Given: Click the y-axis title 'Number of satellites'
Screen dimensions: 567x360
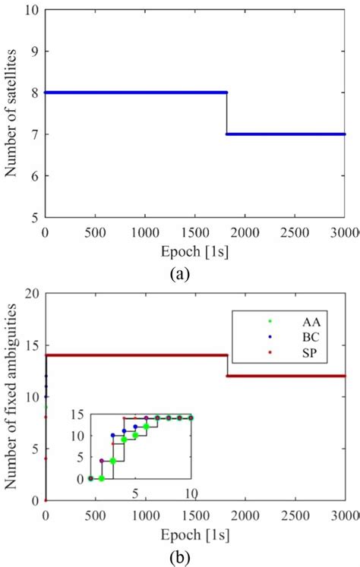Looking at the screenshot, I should click(x=13, y=112).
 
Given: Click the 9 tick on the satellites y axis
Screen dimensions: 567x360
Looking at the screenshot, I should click(x=34, y=52).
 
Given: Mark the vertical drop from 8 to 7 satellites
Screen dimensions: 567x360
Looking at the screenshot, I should click(x=226, y=113).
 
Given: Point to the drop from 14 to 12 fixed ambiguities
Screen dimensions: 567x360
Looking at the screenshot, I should click(x=226, y=366).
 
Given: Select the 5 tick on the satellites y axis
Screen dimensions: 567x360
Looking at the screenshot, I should click(x=34, y=217).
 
